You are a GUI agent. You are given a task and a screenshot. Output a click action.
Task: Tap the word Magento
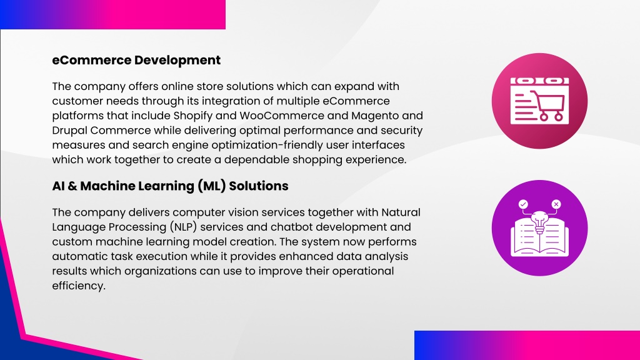point(375,116)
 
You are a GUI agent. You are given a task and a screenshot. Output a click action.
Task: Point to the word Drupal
point(69,131)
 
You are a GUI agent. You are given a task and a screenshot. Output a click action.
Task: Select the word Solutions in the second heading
point(258,186)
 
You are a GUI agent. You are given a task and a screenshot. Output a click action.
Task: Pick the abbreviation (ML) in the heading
point(211,186)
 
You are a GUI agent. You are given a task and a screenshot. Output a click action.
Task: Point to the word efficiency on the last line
point(79,286)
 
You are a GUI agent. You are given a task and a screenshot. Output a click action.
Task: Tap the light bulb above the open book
point(539,222)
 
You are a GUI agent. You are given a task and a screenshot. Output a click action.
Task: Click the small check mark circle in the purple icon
point(523,204)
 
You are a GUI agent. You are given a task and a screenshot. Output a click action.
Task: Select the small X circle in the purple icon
point(556,204)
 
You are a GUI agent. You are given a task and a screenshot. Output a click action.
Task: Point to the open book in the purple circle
point(539,239)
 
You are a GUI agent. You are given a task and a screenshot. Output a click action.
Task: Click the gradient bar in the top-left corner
point(112,14)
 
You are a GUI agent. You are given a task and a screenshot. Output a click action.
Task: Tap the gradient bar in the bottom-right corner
point(527,345)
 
